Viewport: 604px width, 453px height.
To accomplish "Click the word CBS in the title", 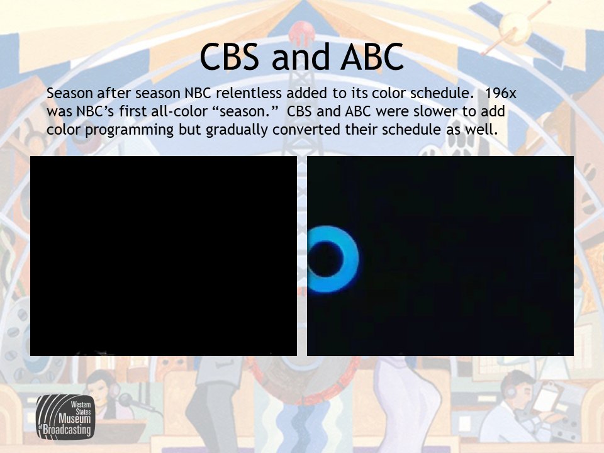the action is click(x=229, y=57).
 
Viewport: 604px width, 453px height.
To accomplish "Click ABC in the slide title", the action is click(x=372, y=57).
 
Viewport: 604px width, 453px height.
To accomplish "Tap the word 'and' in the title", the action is click(x=300, y=57).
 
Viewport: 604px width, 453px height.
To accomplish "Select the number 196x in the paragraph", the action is click(x=500, y=93).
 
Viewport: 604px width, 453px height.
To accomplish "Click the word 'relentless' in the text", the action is click(x=249, y=93).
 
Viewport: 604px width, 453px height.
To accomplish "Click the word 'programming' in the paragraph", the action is click(x=130, y=130).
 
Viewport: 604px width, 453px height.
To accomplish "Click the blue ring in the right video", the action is click(x=350, y=259).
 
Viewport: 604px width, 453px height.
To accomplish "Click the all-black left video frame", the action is click(x=164, y=256).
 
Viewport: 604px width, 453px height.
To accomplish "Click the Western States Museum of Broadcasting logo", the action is click(x=65, y=417).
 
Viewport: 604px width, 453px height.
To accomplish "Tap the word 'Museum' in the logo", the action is click(x=75, y=419).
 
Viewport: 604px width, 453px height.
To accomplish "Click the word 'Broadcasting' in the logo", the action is click(x=67, y=430).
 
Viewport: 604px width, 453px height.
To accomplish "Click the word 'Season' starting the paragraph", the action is click(x=70, y=93).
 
